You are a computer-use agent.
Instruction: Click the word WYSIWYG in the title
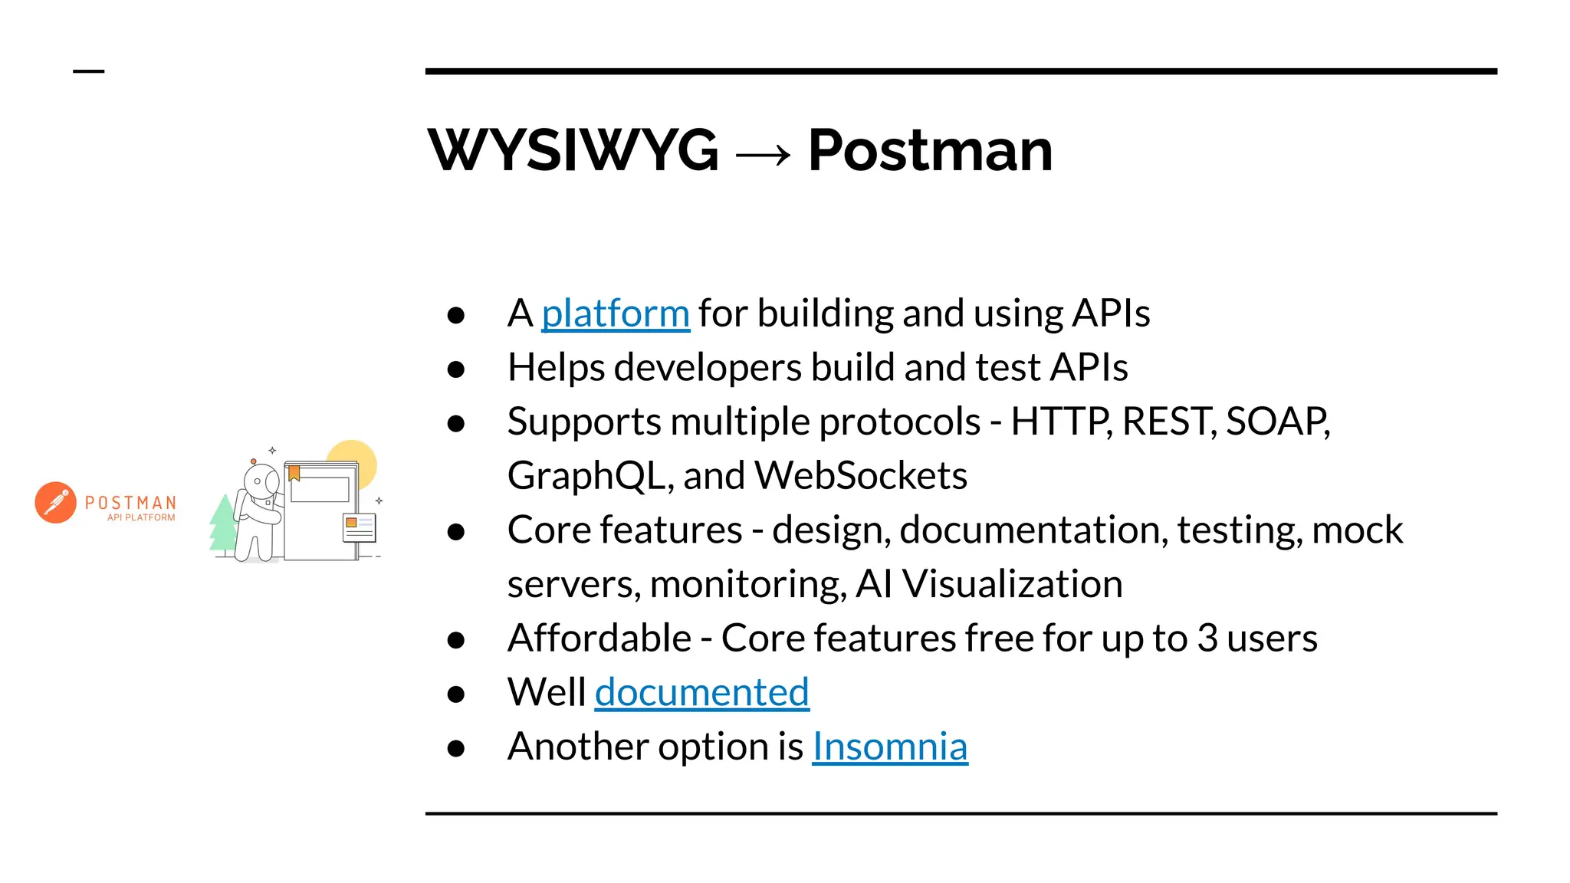coord(573,150)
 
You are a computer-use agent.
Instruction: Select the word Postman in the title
coord(930,150)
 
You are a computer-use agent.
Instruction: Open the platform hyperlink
coord(615,313)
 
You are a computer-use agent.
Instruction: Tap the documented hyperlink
coord(701,693)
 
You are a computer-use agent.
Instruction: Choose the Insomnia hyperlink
coord(889,747)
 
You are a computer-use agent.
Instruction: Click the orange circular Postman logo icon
coord(56,503)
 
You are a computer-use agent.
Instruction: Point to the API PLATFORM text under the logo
coord(141,518)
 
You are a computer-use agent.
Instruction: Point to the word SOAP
coord(1276,422)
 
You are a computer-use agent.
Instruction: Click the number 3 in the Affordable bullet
coord(1207,638)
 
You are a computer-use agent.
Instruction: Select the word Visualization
coord(1012,585)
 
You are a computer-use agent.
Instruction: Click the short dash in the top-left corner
coord(88,71)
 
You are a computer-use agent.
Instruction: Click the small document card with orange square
coord(359,528)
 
